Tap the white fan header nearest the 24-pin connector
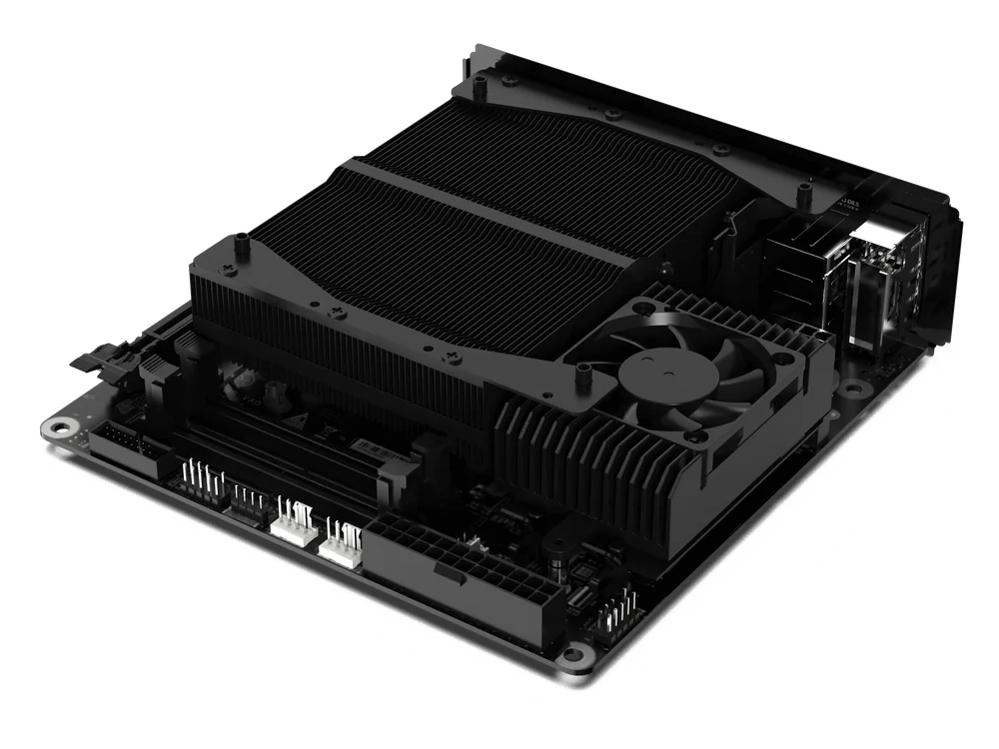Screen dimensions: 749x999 tap(342, 544)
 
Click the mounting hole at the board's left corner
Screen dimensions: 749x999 tap(61, 427)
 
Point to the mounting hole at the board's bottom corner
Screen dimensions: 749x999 tap(572, 656)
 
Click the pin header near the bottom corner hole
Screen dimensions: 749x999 tap(618, 609)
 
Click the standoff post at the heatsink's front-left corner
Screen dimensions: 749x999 tap(241, 243)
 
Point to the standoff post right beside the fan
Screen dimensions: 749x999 tap(582, 374)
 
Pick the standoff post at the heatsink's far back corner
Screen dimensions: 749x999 tap(481, 89)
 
